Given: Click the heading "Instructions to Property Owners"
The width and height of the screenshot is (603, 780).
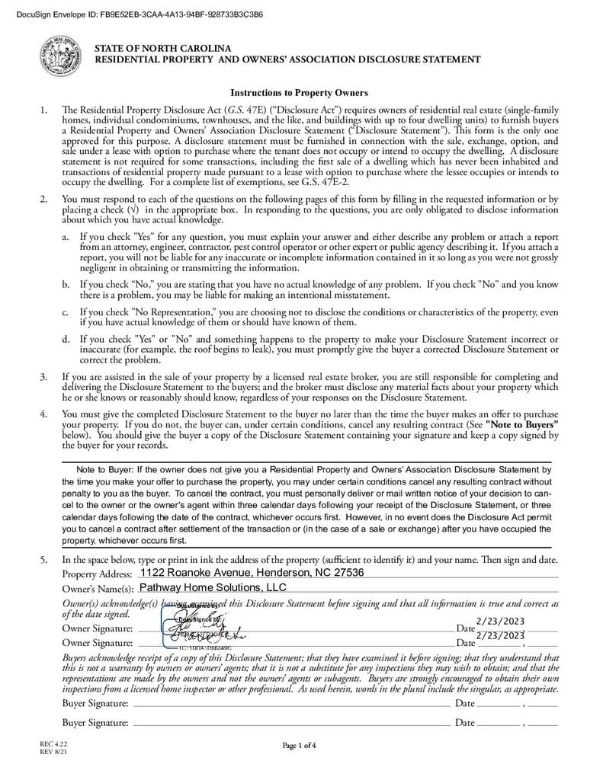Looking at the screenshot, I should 299,93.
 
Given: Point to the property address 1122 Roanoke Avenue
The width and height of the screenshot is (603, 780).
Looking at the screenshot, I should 252,573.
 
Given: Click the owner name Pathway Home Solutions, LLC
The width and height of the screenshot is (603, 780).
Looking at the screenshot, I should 213,587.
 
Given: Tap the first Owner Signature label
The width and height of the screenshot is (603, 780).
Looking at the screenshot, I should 98,628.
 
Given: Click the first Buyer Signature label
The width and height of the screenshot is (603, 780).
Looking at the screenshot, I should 95,703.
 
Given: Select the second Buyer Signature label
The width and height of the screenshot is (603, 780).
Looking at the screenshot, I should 95,722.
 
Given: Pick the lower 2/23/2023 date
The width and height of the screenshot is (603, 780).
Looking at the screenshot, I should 500,635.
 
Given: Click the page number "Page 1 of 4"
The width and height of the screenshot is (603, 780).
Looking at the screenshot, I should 299,745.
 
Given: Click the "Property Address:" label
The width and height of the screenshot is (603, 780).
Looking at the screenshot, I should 97,574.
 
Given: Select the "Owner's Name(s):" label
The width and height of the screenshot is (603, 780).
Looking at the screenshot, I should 98,589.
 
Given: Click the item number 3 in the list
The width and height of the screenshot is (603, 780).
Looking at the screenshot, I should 44,376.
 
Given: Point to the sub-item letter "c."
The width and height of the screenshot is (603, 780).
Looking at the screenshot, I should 66,312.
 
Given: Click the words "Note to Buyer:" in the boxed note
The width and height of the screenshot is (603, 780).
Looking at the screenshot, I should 105,469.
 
